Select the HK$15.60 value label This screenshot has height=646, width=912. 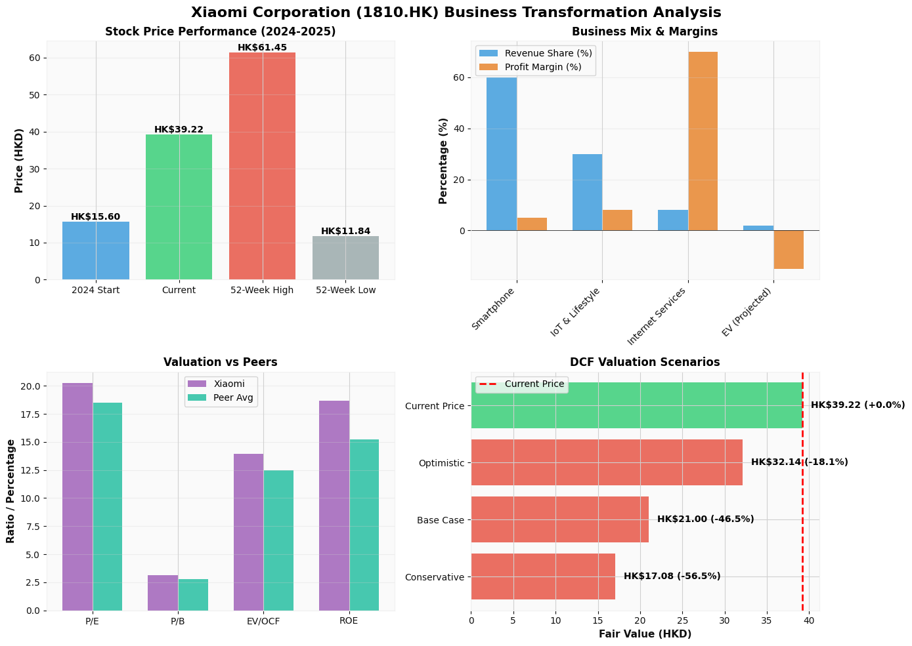[95, 216]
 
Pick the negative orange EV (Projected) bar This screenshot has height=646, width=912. [789, 249]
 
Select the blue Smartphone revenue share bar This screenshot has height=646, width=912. [502, 154]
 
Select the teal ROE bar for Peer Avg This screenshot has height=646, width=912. [364, 525]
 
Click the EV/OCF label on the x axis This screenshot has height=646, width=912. [263, 621]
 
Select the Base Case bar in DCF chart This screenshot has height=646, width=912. [559, 519]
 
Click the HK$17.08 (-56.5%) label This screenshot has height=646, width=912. [672, 576]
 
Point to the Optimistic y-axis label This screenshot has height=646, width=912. [441, 463]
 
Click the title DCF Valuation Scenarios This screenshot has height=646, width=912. [645, 362]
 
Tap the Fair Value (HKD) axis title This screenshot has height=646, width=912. [645, 634]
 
